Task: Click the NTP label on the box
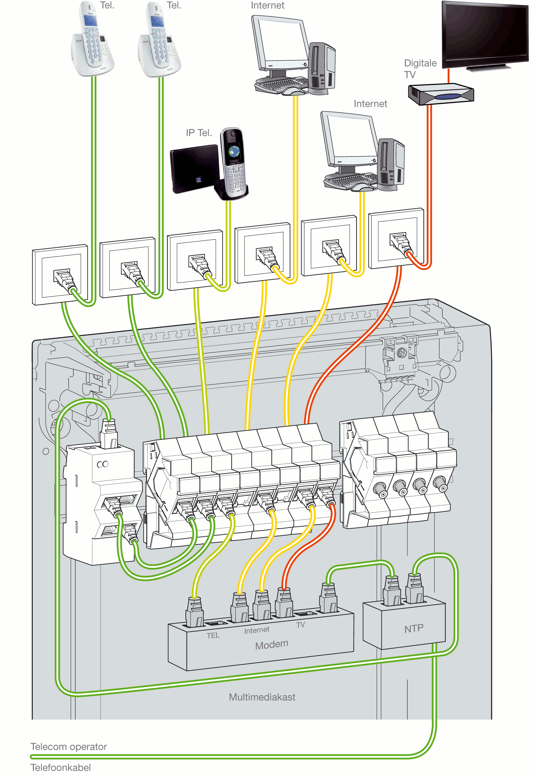click(x=414, y=628)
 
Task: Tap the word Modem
click(x=272, y=645)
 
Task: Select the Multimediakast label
click(x=262, y=697)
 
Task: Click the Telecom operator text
click(x=69, y=747)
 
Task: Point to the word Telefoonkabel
click(x=60, y=767)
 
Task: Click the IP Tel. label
click(x=199, y=133)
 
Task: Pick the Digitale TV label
click(x=420, y=69)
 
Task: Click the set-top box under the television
click(x=441, y=94)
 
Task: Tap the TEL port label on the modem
click(x=213, y=635)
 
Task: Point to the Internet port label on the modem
click(x=257, y=630)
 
